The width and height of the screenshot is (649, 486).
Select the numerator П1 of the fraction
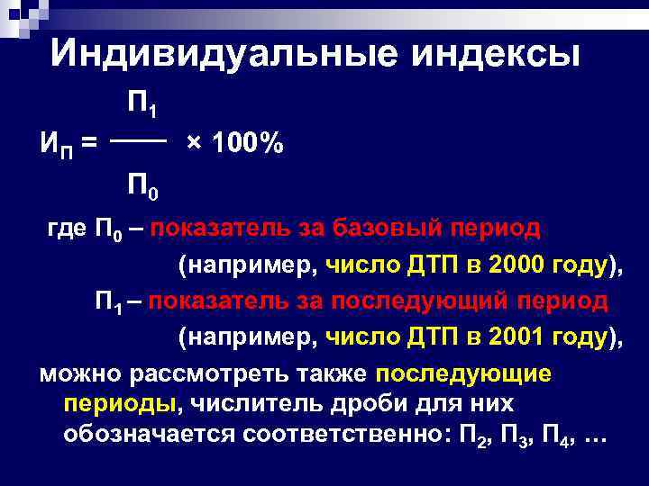point(143,105)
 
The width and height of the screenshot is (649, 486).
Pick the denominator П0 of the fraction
point(143,188)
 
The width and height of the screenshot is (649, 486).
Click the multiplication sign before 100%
point(193,144)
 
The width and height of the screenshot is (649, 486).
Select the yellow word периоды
point(119,403)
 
